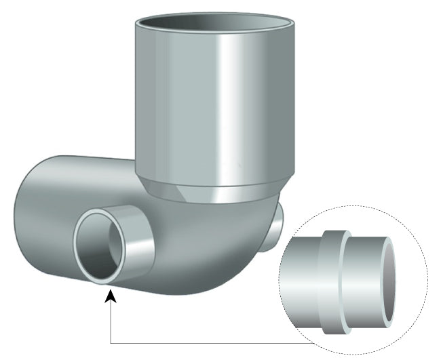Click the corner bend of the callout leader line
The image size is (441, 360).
(x=110, y=342)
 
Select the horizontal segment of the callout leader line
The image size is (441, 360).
(x=217, y=342)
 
